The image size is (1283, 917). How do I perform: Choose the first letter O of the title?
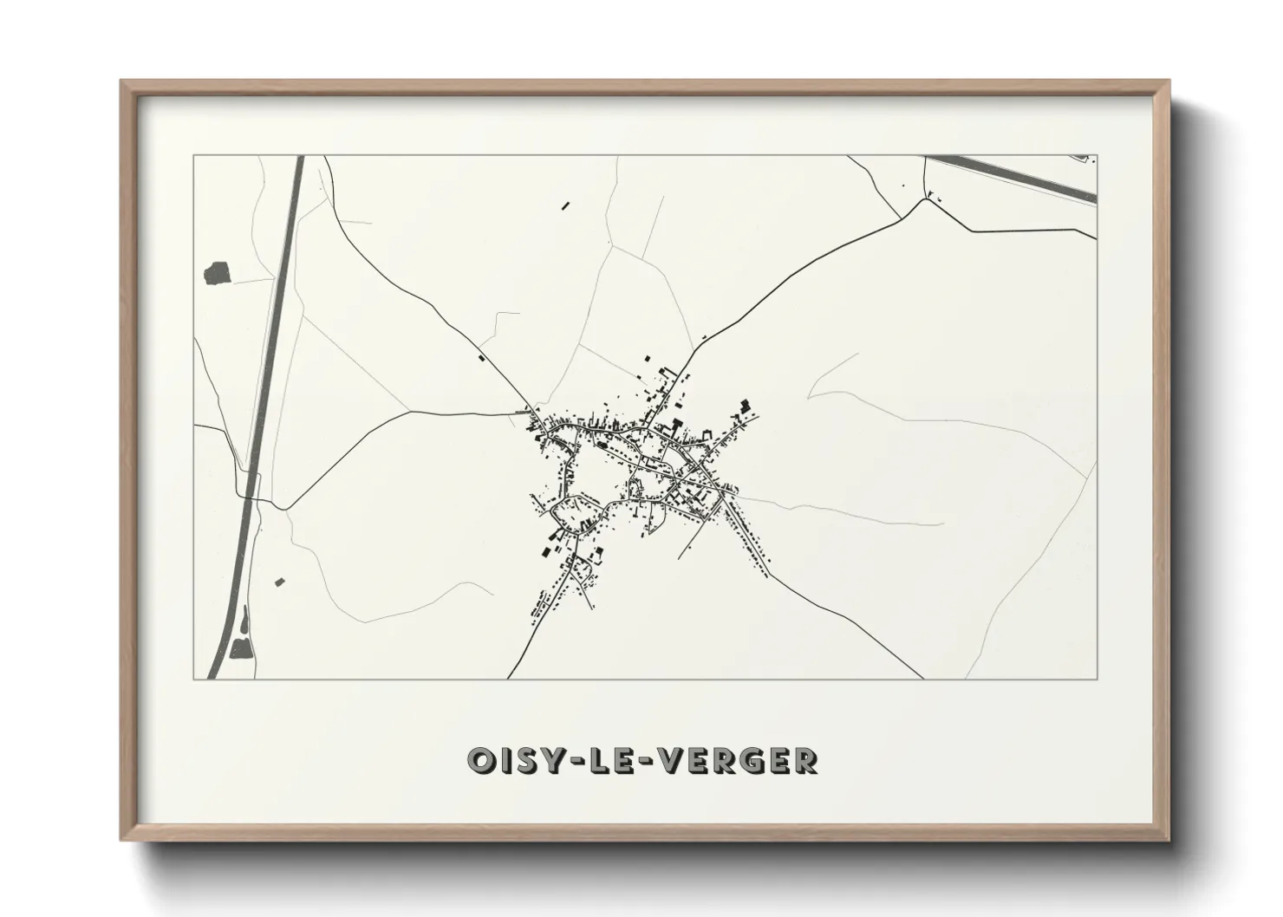click(480, 760)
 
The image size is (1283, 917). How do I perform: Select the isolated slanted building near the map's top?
click(566, 206)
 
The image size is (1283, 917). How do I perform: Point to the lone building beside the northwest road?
click(482, 355)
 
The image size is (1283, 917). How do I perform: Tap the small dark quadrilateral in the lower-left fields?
click(279, 582)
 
